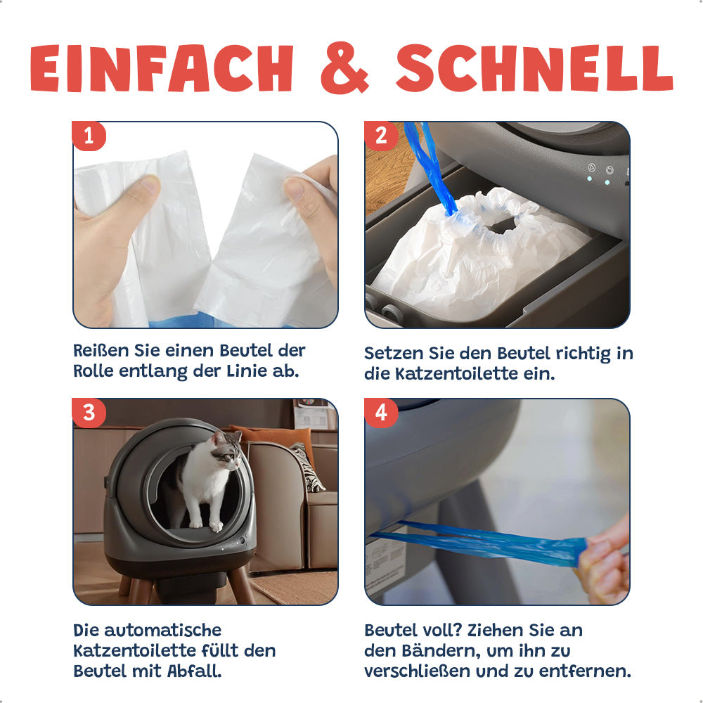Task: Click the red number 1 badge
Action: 89,136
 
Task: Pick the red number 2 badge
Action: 381,136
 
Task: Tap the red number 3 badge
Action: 89,413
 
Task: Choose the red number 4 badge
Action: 381,413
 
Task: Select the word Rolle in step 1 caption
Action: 93,371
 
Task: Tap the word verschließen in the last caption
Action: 418,671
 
